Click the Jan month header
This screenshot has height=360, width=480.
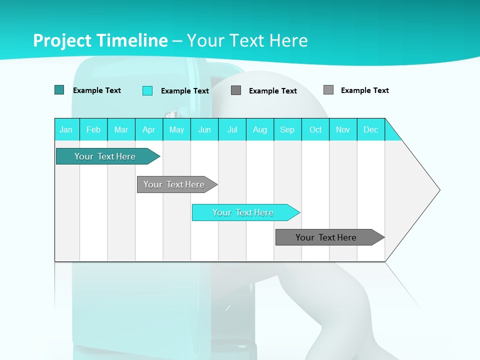[x=66, y=129]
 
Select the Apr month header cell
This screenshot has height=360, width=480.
[x=149, y=129]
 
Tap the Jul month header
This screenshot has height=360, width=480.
[x=232, y=129]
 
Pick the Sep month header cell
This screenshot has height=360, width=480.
[x=287, y=129]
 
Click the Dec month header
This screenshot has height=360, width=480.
[x=370, y=129]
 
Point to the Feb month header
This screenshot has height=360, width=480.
[x=93, y=129]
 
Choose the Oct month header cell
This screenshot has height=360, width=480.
[x=315, y=129]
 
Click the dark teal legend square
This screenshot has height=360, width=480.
[x=59, y=90]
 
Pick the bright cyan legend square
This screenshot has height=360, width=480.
[x=147, y=90]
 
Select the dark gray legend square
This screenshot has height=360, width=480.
[x=236, y=90]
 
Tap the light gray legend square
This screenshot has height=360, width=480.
[x=328, y=90]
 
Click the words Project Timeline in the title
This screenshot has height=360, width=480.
[x=100, y=40]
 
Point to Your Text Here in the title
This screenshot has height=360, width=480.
[x=247, y=40]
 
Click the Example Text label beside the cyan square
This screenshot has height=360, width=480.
[x=184, y=91]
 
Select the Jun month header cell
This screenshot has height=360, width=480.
[x=204, y=129]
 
